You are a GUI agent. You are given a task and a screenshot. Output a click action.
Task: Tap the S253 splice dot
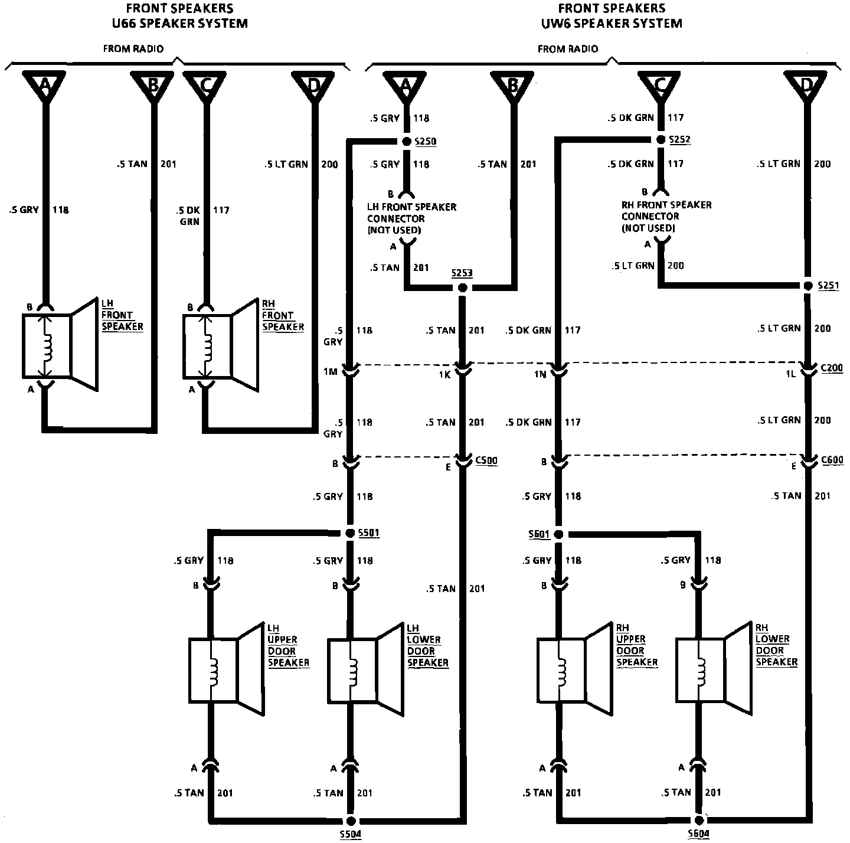[463, 287]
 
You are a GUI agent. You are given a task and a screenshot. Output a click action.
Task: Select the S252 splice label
[679, 140]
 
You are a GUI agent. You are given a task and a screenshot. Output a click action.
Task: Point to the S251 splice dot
[808, 286]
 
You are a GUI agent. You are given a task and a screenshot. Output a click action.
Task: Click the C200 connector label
[832, 367]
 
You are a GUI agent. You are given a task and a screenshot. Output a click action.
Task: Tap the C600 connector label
[832, 460]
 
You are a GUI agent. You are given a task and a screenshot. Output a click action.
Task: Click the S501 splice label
[369, 533]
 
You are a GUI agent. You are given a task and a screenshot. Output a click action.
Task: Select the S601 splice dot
[558, 534]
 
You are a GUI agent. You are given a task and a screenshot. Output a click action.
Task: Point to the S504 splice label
[351, 834]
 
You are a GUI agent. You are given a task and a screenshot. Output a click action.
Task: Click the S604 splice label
[698, 834]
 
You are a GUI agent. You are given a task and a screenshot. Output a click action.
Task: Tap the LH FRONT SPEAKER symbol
[59, 346]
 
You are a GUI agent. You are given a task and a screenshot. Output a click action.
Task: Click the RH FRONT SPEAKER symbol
[220, 346]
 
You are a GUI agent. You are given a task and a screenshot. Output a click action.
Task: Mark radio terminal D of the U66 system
[313, 86]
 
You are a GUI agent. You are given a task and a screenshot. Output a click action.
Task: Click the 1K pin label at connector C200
[444, 374]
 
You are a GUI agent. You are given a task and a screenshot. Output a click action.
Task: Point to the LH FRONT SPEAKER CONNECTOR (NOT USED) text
[411, 218]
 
